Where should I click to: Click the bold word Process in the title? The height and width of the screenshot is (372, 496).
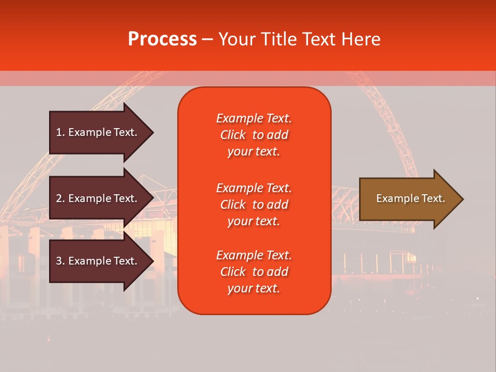pyautogui.click(x=162, y=39)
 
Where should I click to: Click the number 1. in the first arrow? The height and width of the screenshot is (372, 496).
pyautogui.click(x=60, y=132)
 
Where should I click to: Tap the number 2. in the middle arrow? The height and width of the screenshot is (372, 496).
pyautogui.click(x=60, y=198)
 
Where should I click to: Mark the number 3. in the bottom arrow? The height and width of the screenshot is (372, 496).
pyautogui.click(x=60, y=261)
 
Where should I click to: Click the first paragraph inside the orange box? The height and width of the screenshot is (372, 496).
pyautogui.click(x=254, y=135)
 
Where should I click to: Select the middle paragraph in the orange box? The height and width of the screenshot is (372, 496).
pyautogui.click(x=254, y=205)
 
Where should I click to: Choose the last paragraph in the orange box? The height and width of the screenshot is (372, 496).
pyautogui.click(x=254, y=272)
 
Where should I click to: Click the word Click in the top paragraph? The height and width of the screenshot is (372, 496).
pyautogui.click(x=233, y=135)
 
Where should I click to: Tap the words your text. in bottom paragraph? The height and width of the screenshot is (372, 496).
pyautogui.click(x=254, y=289)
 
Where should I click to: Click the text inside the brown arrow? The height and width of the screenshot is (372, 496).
pyautogui.click(x=410, y=198)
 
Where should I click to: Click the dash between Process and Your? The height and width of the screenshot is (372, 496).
pyautogui.click(x=207, y=40)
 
